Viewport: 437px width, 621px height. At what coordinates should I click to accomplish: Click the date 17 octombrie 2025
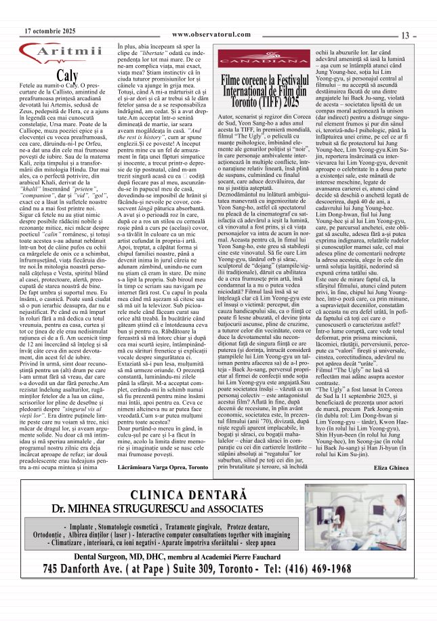point(50,32)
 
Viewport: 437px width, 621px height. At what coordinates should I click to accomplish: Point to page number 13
point(407,35)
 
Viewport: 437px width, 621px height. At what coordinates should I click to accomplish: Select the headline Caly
point(68,75)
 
